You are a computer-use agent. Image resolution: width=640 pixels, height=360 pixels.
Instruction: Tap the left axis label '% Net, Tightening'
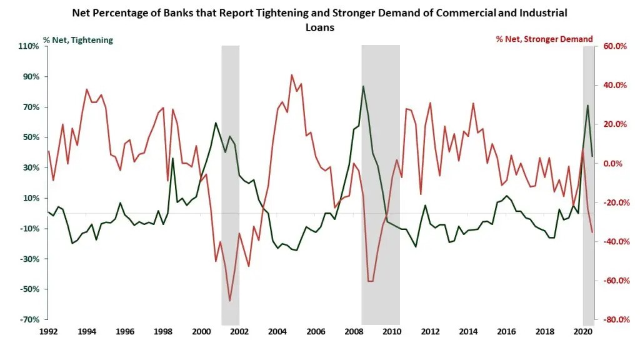coord(78,39)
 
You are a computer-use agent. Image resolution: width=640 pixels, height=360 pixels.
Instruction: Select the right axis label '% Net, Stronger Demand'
coord(544,39)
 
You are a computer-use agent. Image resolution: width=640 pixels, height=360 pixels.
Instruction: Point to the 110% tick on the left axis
coord(29,46)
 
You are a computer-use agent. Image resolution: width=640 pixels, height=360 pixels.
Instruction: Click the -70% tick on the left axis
coord(29,319)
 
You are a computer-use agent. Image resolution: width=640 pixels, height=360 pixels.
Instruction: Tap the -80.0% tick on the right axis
coord(612,319)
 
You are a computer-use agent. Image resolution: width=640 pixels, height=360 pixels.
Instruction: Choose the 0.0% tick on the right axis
coord(614,164)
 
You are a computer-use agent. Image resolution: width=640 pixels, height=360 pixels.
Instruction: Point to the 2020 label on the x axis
coord(582,331)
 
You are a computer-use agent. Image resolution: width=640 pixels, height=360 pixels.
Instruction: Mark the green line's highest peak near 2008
coord(363,86)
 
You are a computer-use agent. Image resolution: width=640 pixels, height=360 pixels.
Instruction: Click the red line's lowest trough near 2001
coord(230,301)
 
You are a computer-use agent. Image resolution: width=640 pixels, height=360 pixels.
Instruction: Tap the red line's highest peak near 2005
coord(291,75)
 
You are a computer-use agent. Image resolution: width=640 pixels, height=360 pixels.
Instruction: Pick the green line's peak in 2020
coord(587,105)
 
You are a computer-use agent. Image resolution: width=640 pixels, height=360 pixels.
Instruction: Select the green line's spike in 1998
coord(172,158)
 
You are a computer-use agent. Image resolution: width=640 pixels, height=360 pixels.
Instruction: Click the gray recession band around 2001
coord(231,187)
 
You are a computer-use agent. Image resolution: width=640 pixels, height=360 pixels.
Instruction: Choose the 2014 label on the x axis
coord(469,331)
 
